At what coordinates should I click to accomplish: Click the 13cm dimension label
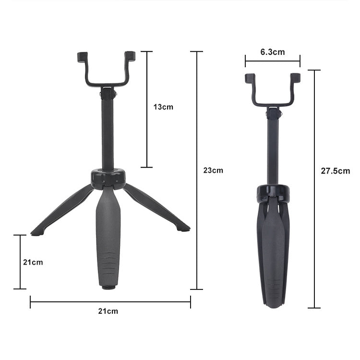(x=163, y=107)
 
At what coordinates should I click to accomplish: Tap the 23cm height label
(x=213, y=170)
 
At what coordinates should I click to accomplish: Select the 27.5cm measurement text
(x=336, y=170)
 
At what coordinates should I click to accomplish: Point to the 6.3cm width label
(x=272, y=52)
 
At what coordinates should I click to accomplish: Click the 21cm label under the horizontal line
(x=108, y=311)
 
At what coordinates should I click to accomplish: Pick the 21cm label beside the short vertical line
(x=33, y=262)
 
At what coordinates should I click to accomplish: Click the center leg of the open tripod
(x=108, y=235)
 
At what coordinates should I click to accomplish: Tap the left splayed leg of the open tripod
(x=62, y=209)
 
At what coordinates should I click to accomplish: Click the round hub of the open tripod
(x=108, y=177)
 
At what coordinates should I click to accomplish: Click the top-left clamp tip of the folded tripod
(x=249, y=78)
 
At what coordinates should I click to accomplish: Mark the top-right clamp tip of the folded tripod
(x=295, y=77)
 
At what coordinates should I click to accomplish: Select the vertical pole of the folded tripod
(x=273, y=149)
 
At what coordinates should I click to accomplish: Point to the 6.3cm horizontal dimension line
(x=272, y=61)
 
